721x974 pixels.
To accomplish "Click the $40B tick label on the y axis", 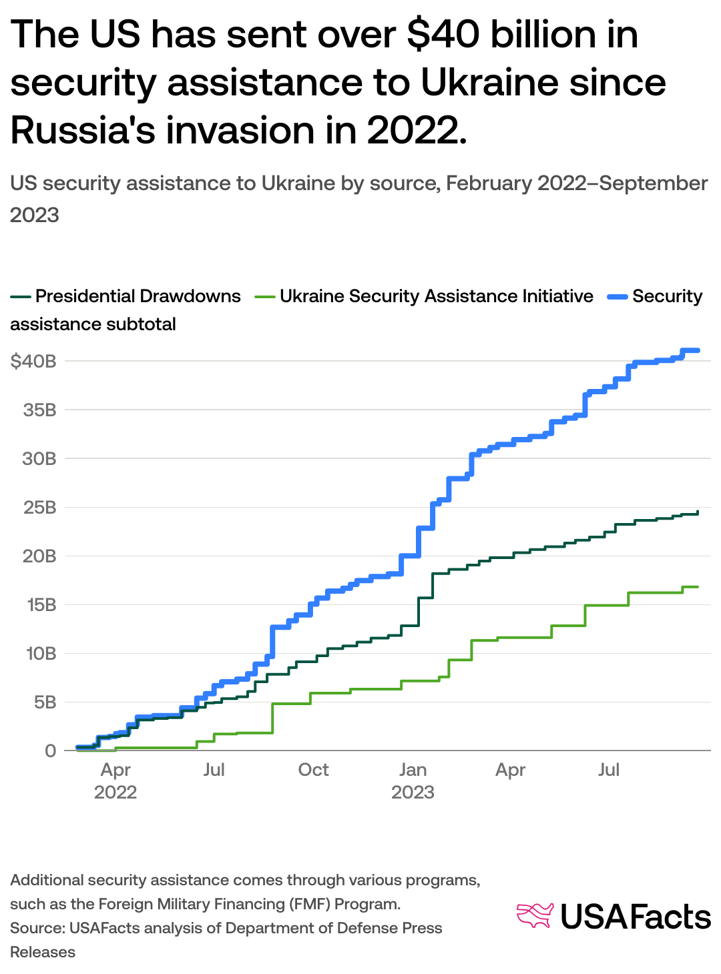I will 33,362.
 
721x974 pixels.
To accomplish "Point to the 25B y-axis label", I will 39,508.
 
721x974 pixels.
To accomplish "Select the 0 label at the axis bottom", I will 50,751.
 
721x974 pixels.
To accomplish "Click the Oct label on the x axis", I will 313,770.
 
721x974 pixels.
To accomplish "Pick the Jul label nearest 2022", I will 214,770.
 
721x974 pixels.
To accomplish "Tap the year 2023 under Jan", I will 413,793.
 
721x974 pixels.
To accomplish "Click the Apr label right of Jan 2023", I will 510,770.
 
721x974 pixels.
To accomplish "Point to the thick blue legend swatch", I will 617,296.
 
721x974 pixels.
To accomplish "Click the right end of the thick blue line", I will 697,350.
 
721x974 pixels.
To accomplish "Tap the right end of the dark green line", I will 698,512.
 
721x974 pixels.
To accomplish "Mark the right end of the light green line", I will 697,587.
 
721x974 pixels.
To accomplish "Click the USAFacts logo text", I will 635,917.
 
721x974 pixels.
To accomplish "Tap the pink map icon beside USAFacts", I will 535,915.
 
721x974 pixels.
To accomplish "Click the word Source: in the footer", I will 37,929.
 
